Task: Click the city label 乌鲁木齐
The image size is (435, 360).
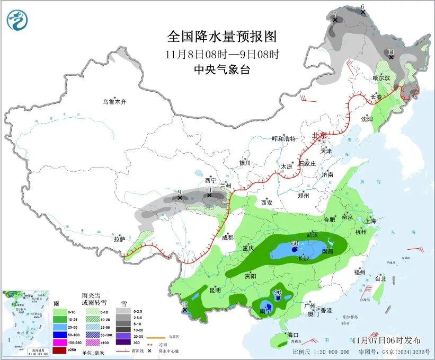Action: coord(115,101)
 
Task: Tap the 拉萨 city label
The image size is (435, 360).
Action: coord(120,239)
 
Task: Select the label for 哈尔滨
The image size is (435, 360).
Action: coord(380,78)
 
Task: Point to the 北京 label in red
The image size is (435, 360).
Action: coord(319,135)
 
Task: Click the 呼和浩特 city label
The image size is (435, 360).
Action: coord(283,138)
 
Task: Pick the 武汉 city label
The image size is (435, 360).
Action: coord(312,234)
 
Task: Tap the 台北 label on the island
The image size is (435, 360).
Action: coord(380,278)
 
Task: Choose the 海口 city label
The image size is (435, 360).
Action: coord(294,335)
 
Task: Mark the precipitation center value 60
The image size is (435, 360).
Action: coord(295,243)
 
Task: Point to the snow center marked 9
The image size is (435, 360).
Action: coord(180,192)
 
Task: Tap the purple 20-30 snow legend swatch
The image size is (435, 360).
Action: coord(123,343)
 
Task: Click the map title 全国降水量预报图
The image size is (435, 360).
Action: coord(222,37)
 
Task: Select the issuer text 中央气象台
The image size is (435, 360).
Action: coord(221,69)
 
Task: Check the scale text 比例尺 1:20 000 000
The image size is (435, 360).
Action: coord(321,352)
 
